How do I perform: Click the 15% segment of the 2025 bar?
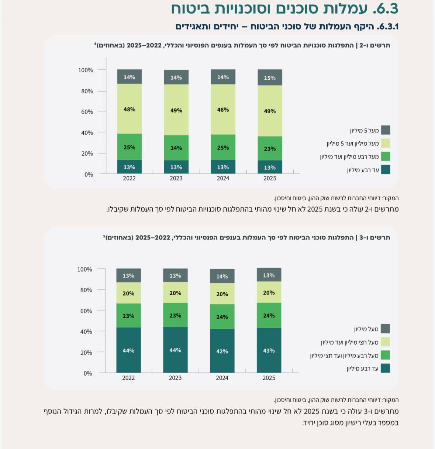pos(270,77)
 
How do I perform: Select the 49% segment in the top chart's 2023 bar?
pos(176,110)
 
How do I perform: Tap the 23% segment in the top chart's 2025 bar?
pos(270,148)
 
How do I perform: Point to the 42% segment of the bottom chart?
pos(222,351)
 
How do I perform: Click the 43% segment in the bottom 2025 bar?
pos(269,350)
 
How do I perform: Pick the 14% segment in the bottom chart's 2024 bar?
pos(222,276)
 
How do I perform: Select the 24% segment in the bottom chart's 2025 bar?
pos(269,315)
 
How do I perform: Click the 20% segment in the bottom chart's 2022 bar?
pos(128,293)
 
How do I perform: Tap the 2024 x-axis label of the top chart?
pos(223,178)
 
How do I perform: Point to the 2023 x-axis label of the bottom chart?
pos(175,378)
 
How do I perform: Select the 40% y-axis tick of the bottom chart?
pos(86,332)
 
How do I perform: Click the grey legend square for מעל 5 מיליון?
pos(386,130)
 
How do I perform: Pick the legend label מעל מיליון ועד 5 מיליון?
pos(353,144)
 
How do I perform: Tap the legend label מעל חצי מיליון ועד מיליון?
pos(350,342)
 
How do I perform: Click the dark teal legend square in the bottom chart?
pos(385,368)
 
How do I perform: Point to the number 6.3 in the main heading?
pos(386,9)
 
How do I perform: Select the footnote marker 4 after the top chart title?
pos(95,43)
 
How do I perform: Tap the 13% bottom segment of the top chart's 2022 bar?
pos(130,167)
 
